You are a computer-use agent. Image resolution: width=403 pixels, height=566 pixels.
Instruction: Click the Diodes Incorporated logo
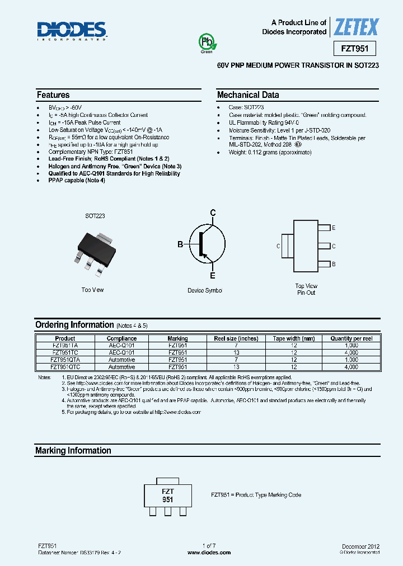tap(72, 31)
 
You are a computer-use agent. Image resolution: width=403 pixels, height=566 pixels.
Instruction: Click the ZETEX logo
tap(356, 27)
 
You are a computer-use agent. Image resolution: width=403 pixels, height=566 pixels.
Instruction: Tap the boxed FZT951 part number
tap(354, 49)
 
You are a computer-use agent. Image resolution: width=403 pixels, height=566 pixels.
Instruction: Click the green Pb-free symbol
tap(207, 43)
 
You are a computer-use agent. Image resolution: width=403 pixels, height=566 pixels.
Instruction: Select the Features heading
tap(53, 95)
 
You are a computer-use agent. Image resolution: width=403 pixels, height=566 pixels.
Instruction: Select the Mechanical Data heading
tap(248, 95)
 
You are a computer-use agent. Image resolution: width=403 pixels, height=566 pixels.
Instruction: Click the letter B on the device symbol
tap(180, 244)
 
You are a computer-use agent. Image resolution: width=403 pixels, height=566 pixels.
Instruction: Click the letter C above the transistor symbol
tap(213, 213)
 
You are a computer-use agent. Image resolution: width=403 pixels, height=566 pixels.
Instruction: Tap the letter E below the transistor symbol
tap(213, 276)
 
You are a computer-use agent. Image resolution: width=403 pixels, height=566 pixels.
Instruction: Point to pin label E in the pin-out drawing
tap(334, 228)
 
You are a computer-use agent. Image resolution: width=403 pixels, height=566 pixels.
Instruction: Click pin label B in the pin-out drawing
tap(334, 264)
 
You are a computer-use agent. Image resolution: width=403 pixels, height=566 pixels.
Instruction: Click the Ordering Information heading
tap(74, 325)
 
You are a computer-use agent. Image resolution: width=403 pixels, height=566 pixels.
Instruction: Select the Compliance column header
tap(121, 338)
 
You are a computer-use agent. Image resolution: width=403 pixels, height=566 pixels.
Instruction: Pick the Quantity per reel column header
tap(351, 338)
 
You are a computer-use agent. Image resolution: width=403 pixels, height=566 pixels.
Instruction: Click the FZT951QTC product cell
tap(65, 367)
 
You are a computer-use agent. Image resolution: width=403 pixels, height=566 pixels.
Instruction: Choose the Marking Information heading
tap(73, 451)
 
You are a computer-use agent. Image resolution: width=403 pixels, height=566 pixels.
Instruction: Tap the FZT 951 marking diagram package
tap(167, 495)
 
